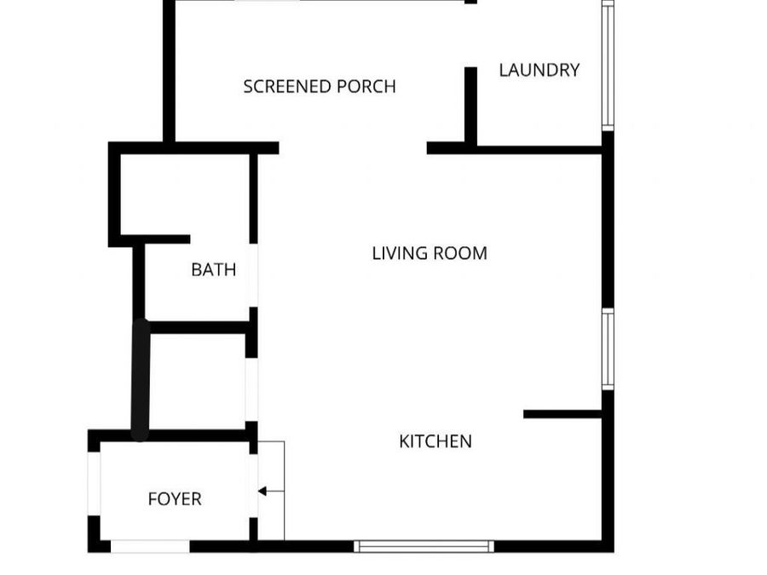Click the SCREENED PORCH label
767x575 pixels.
pyautogui.click(x=319, y=86)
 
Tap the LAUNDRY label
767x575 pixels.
pyautogui.click(x=539, y=70)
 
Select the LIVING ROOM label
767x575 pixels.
pyautogui.click(x=430, y=253)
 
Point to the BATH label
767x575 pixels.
pyautogui.click(x=213, y=270)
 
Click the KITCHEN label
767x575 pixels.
pyautogui.click(x=435, y=441)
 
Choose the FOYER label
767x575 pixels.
pyautogui.click(x=175, y=499)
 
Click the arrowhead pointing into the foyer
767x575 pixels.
pyautogui.click(x=262, y=491)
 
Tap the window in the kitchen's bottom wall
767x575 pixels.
pyautogui.click(x=424, y=546)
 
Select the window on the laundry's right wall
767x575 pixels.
pyautogui.click(x=608, y=66)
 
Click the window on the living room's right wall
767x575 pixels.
pyautogui.click(x=608, y=348)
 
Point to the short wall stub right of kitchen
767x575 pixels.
pyautogui.click(x=562, y=415)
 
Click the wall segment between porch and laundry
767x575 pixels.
pyautogui.click(x=470, y=106)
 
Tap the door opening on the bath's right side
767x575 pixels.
pyautogui.click(x=253, y=275)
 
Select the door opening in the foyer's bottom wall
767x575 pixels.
pyautogui.click(x=150, y=546)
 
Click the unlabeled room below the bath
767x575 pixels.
pyautogui.click(x=197, y=380)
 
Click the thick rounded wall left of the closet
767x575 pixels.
pyautogui.click(x=141, y=379)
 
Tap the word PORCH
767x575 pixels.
pyautogui.click(x=366, y=86)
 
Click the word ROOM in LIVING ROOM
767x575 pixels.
pyautogui.click(x=460, y=253)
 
